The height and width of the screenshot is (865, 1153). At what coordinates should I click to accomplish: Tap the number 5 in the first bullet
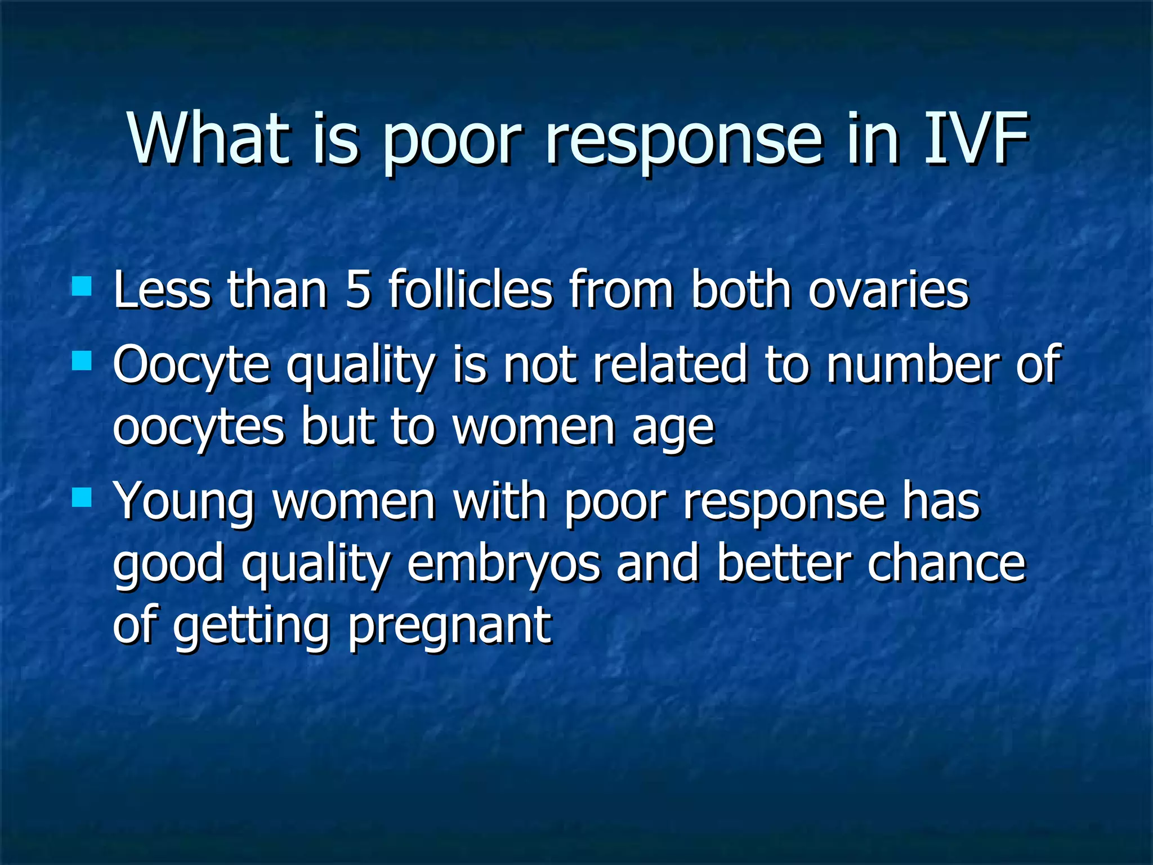click(358, 290)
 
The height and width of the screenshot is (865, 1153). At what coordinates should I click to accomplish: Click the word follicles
click(471, 290)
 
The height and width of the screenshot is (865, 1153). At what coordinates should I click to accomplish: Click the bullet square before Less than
click(82, 286)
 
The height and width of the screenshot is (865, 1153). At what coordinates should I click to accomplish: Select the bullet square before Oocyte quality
click(82, 360)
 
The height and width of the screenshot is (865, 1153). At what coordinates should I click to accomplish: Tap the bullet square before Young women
click(82, 498)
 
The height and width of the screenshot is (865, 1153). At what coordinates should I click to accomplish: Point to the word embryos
click(504, 564)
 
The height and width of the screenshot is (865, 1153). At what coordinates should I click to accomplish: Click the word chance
click(946, 564)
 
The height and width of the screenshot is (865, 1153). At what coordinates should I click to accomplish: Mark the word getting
click(251, 626)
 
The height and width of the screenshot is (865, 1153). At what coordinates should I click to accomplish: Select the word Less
click(162, 290)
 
